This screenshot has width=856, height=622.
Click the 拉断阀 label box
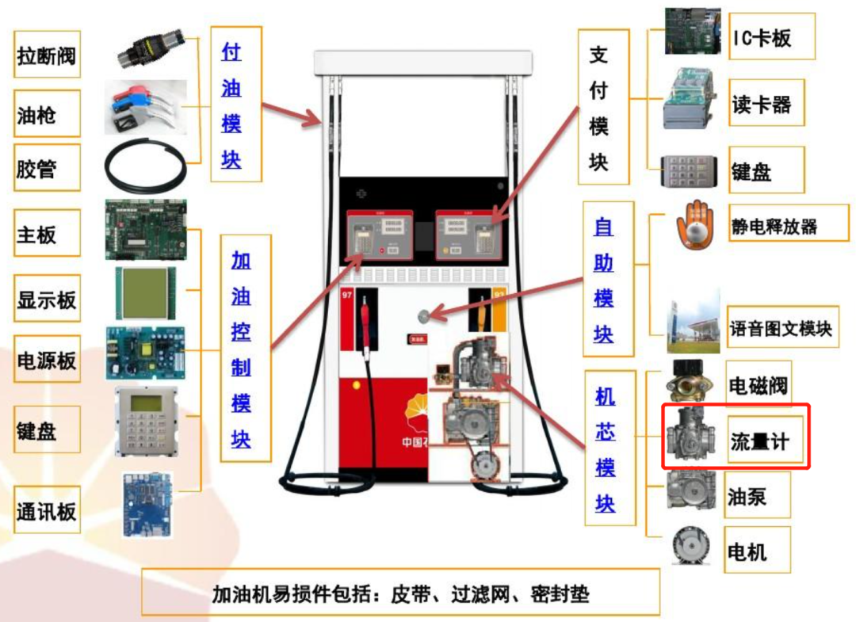pyautogui.click(x=47, y=56)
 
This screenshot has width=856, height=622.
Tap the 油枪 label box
pyautogui.click(x=47, y=115)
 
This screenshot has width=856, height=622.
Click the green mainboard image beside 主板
pyautogui.click(x=146, y=230)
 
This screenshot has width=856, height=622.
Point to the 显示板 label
pyautogui.click(x=47, y=300)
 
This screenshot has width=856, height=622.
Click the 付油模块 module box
pyautogui.click(x=231, y=105)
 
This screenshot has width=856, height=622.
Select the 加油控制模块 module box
pyautogui.click(x=241, y=349)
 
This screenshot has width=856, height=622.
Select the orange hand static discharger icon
pyautogui.click(x=694, y=226)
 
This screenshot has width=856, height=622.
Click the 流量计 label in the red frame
pyautogui.click(x=759, y=441)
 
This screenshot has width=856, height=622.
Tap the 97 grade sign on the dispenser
pyautogui.click(x=346, y=296)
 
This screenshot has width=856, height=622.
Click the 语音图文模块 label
pyautogui.click(x=781, y=328)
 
